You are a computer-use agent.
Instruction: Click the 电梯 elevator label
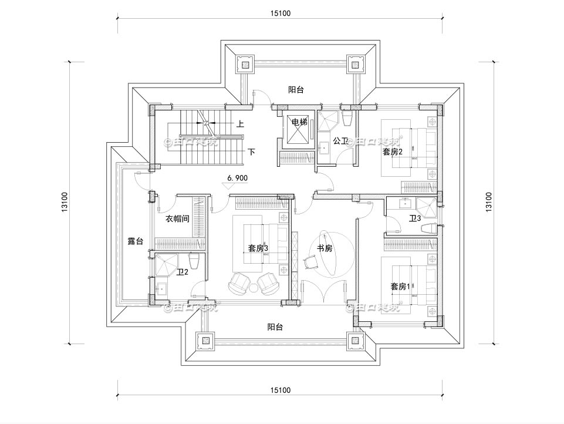pos(299,122)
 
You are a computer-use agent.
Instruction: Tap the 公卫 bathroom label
pos(340,141)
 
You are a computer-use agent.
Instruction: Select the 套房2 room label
pos(391,152)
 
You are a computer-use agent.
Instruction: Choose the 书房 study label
pos(325,248)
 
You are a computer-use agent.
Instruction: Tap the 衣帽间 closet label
pos(177,218)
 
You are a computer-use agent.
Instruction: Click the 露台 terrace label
pos(136,241)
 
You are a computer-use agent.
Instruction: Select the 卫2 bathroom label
pos(182,272)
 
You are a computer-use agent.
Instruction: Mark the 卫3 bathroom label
pos(416,218)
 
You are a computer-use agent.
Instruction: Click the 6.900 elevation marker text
pos(237,177)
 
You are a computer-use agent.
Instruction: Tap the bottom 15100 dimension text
pos(281,390)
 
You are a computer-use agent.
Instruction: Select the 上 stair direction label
pos(241,124)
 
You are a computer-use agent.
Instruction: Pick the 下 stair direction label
pos(251,152)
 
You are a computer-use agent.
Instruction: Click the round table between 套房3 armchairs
pos(254,288)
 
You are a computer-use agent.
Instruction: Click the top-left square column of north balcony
pos(245,64)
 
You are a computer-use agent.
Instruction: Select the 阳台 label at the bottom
pos(275,327)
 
